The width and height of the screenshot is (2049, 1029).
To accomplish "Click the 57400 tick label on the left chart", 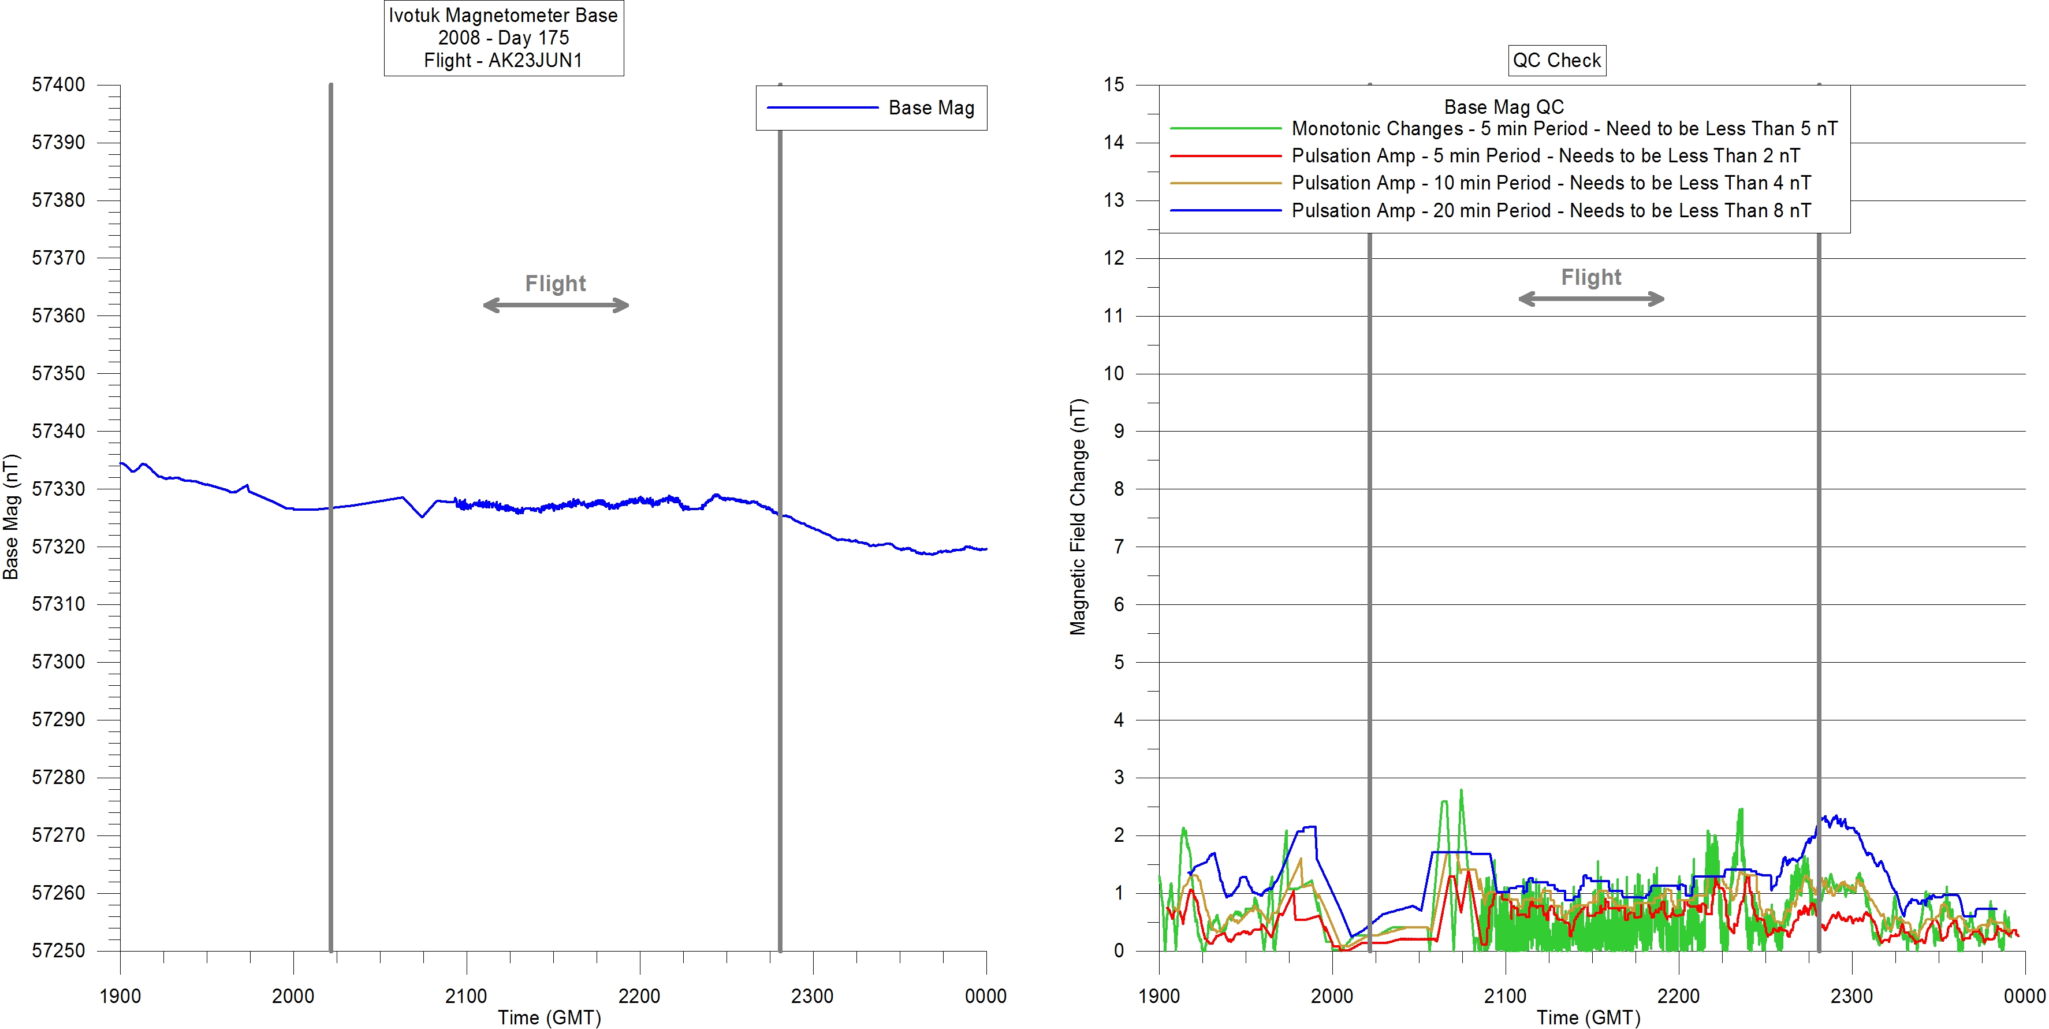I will (x=58, y=84).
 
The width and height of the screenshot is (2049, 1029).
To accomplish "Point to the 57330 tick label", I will (x=58, y=489).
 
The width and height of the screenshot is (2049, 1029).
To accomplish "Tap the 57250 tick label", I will (x=58, y=950).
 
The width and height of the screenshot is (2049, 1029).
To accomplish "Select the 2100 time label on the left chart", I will (x=466, y=995).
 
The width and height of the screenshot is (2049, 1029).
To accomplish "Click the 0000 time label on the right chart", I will (x=2024, y=995).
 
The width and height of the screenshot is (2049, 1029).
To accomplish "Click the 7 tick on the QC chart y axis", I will (x=1119, y=547).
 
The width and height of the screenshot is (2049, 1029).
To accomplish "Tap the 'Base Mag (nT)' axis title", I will (x=11, y=517).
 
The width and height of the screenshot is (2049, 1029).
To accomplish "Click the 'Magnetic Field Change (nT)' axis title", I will (x=1077, y=517).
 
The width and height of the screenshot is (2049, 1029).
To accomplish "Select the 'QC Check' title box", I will (x=1556, y=61).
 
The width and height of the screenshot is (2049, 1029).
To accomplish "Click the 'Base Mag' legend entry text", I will (x=930, y=107).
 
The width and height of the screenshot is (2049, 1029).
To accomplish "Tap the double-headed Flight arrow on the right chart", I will (x=1591, y=299).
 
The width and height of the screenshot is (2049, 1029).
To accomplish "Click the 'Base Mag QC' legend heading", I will (x=1503, y=107).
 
